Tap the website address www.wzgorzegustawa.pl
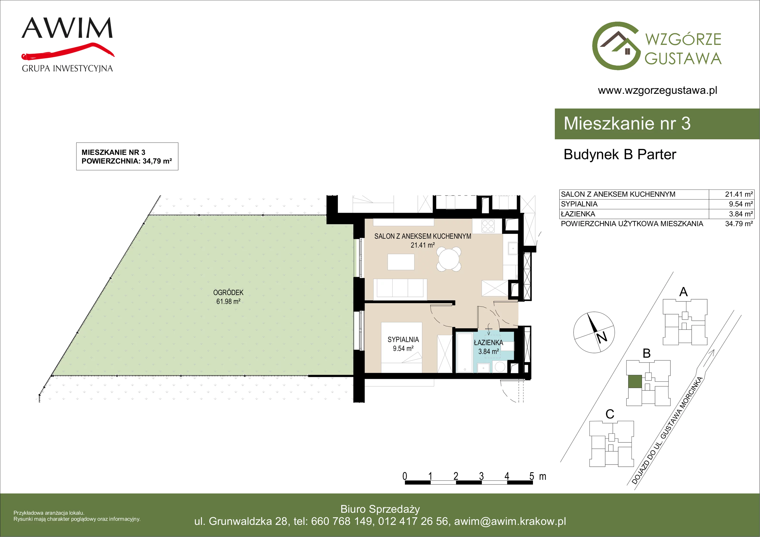(657, 90)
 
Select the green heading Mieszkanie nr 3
(627, 124)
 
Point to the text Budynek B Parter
(620, 155)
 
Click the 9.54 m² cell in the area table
(741, 204)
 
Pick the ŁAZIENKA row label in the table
(578, 214)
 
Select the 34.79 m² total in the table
(739, 224)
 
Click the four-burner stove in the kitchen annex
(488, 226)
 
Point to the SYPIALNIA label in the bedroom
(403, 340)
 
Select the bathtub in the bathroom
(465, 353)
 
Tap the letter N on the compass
(602, 337)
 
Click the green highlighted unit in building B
(635, 381)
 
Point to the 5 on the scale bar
(532, 476)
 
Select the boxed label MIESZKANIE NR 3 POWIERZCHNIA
(127, 157)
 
